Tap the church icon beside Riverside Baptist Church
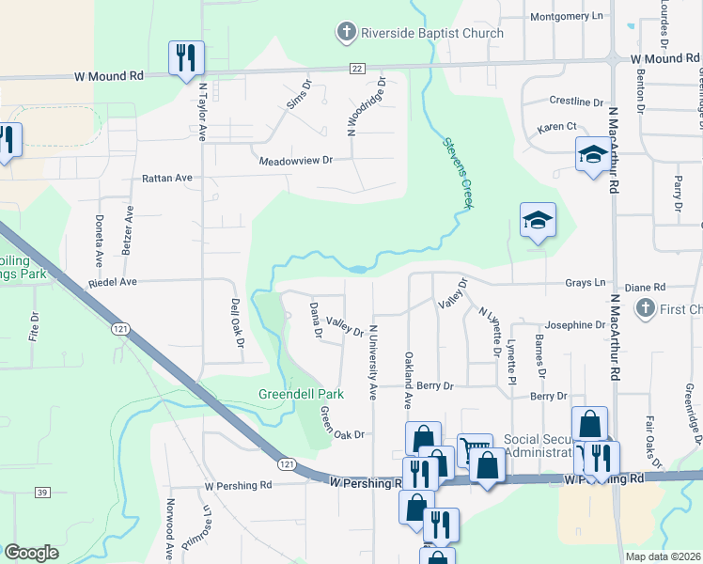(x=346, y=33)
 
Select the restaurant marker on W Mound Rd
(x=185, y=57)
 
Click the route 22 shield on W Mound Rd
(x=357, y=68)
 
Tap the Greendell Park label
(x=301, y=394)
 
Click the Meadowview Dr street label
(x=297, y=161)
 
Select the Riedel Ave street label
(x=113, y=281)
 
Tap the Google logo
(x=31, y=553)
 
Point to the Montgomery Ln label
(x=567, y=16)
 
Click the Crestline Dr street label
(x=576, y=101)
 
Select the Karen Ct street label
(x=556, y=126)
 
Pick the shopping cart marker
(x=475, y=449)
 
